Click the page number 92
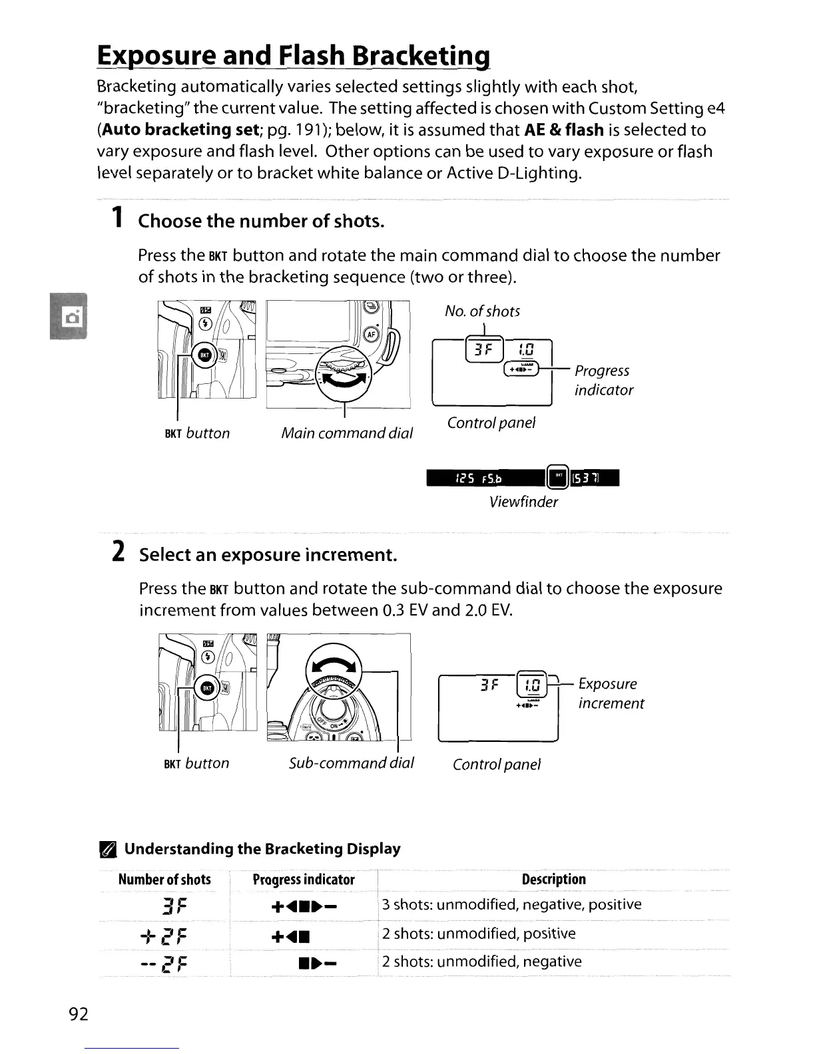point(79,1013)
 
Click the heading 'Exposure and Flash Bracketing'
point(294,55)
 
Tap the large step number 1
point(117,218)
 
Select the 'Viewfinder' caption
point(523,502)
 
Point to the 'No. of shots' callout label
point(482,311)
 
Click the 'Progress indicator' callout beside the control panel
point(603,380)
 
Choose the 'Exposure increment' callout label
point(611,693)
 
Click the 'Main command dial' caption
point(347,433)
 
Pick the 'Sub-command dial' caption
point(352,763)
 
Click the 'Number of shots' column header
point(164,879)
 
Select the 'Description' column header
point(553,879)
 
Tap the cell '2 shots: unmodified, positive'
point(479,934)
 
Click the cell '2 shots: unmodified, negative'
point(481,962)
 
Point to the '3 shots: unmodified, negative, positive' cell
point(511,905)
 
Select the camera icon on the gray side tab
point(69,316)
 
